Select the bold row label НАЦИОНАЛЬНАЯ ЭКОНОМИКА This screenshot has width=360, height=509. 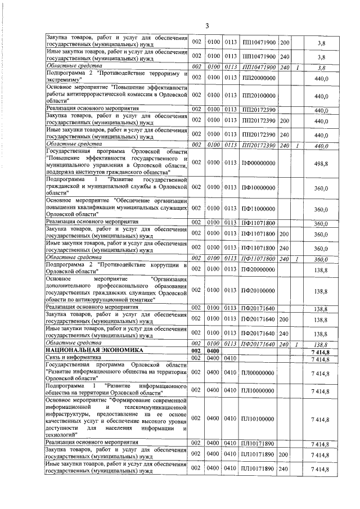(x=84, y=350)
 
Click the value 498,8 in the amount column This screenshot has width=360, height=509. (x=321, y=163)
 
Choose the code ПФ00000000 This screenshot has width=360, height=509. (x=258, y=163)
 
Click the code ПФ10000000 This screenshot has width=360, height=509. (x=258, y=189)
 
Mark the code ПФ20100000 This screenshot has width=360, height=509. (x=258, y=290)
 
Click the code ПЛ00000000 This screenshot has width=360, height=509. (x=258, y=372)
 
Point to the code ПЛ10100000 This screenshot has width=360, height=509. (x=258, y=418)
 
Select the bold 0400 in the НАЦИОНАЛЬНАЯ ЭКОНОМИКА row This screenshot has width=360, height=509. (x=214, y=350)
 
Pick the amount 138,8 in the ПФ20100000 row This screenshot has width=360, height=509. (x=321, y=290)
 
